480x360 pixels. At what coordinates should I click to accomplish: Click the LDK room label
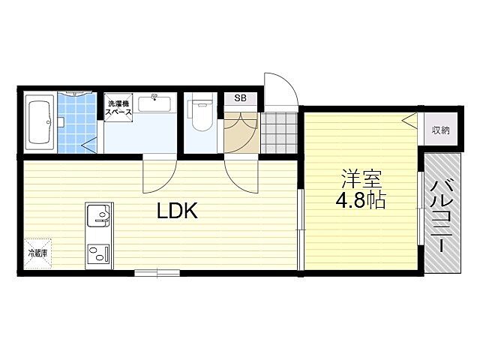click(x=177, y=211)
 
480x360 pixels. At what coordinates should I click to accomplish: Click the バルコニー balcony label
click(x=442, y=214)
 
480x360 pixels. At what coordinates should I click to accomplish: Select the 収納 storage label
click(x=440, y=130)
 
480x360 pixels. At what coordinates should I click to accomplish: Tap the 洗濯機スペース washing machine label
click(x=119, y=107)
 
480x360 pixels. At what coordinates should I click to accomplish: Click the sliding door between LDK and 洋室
click(x=299, y=229)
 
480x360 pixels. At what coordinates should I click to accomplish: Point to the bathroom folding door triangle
click(x=90, y=142)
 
